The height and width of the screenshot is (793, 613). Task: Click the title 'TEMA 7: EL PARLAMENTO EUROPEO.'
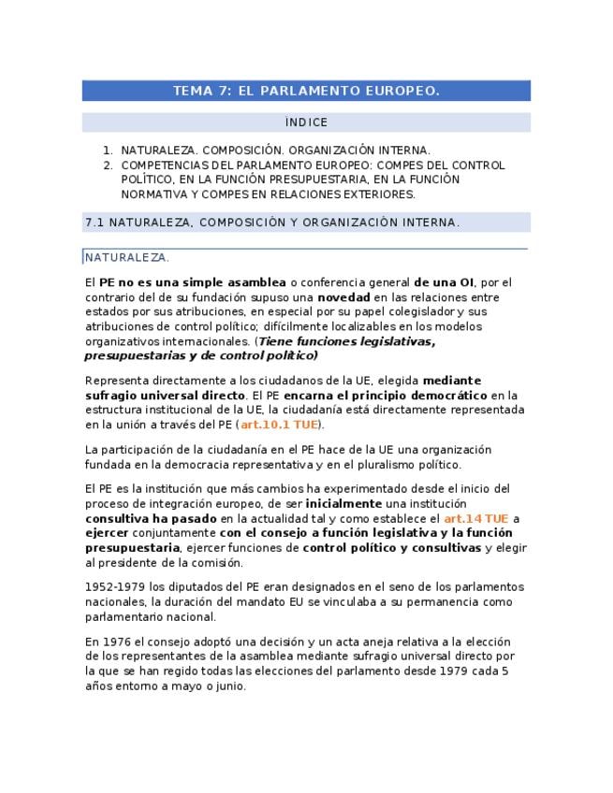[x=306, y=91]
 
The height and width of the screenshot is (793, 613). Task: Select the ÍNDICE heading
[x=306, y=123]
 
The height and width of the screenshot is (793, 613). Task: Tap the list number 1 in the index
[x=108, y=150]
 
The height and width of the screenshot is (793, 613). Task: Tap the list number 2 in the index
[x=108, y=165]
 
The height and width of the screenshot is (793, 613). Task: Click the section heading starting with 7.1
[x=271, y=223]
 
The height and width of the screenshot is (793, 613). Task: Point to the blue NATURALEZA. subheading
[x=127, y=257]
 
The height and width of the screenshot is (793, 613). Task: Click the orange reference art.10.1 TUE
[x=279, y=425]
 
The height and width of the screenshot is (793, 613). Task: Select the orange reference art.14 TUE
[x=475, y=518]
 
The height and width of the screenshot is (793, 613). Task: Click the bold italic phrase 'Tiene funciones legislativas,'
[x=346, y=341]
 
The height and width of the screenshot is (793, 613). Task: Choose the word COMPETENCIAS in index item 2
[x=161, y=165]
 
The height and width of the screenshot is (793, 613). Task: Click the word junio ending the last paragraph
[x=231, y=685]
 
